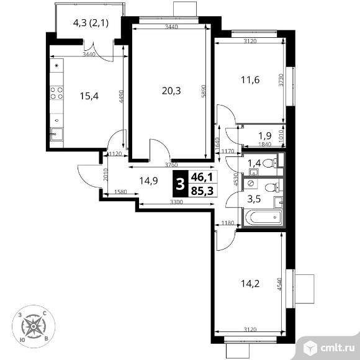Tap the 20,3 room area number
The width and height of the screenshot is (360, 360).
click(x=171, y=91)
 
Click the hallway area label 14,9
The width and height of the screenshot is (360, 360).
click(x=149, y=181)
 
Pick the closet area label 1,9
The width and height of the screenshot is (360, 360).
click(x=265, y=135)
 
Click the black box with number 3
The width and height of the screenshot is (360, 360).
click(x=181, y=184)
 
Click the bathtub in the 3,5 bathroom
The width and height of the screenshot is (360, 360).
click(x=263, y=218)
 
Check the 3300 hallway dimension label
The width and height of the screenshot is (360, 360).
click(x=176, y=202)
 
